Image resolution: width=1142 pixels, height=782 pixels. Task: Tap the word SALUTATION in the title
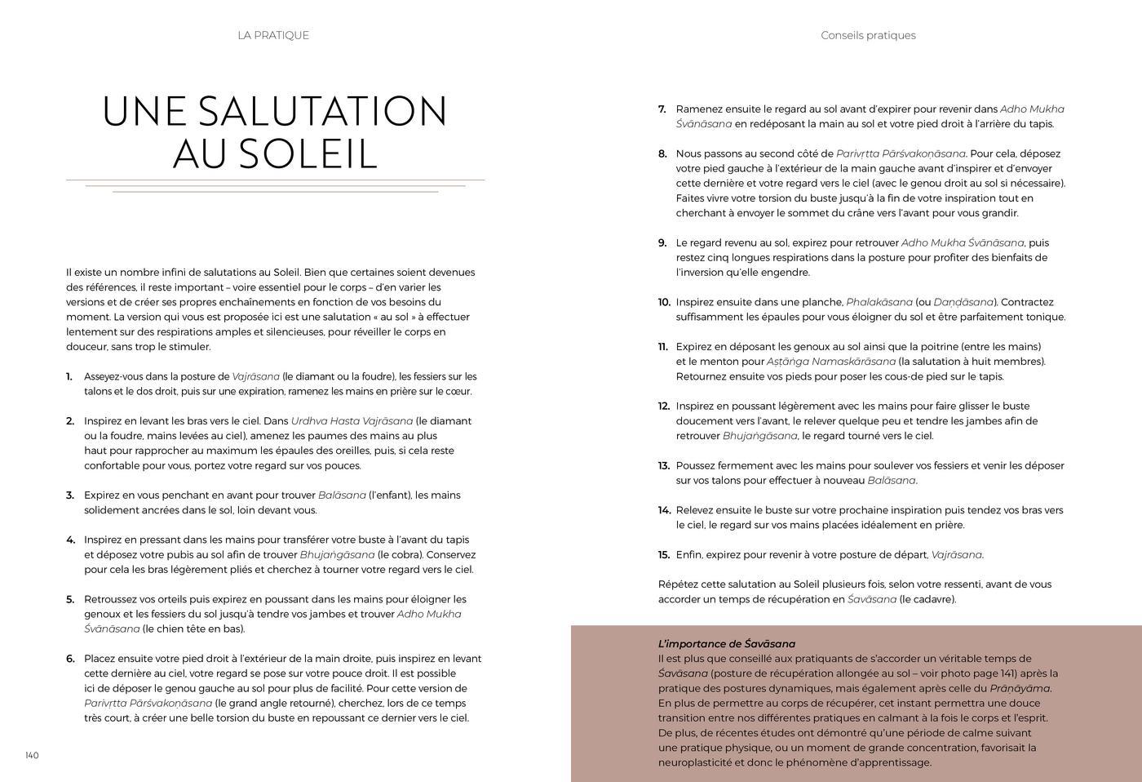tap(322, 112)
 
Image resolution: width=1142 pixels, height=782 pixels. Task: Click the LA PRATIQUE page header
tap(273, 35)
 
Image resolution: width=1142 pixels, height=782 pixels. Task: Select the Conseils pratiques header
tap(868, 35)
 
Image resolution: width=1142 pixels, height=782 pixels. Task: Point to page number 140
tap(32, 755)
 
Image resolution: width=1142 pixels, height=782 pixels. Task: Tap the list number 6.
tap(70, 659)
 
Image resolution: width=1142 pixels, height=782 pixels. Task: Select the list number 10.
tap(663, 302)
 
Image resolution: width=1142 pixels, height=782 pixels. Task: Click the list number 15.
tap(663, 555)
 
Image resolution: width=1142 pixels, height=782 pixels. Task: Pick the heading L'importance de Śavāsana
tap(726, 644)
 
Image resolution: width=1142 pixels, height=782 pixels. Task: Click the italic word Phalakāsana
tap(879, 302)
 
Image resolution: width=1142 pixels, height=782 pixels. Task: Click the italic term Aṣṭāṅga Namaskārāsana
tap(830, 362)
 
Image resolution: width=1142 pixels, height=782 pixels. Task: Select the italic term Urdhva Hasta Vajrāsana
tap(352, 421)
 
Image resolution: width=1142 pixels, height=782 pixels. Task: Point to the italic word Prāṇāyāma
tap(1020, 688)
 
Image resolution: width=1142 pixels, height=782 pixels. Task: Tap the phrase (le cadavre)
tap(927, 599)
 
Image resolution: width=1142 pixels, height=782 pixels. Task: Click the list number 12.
tap(663, 406)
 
